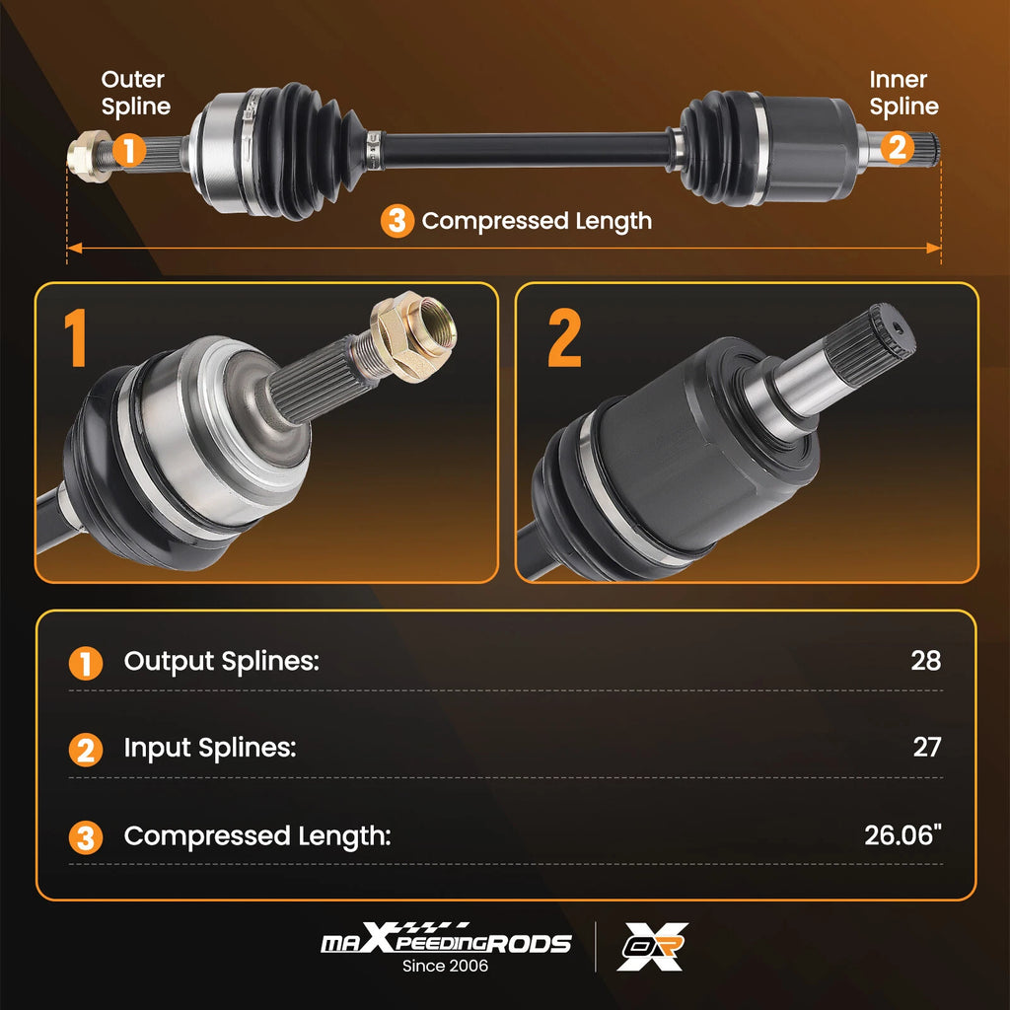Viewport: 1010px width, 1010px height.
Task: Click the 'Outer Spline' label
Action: pyautogui.click(x=135, y=93)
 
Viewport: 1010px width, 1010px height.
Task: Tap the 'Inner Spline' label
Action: pyautogui.click(x=903, y=93)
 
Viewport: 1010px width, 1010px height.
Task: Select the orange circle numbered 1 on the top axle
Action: pyautogui.click(x=129, y=150)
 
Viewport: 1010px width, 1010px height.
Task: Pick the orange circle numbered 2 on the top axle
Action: pyautogui.click(x=898, y=148)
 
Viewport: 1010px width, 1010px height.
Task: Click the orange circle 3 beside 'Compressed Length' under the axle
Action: pyautogui.click(x=397, y=221)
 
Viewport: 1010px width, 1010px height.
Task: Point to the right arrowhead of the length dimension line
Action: pyautogui.click(x=933, y=248)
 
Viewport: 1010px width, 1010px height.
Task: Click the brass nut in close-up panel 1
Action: pyautogui.click(x=413, y=335)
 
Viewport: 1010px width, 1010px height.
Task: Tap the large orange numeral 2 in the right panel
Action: pyautogui.click(x=564, y=337)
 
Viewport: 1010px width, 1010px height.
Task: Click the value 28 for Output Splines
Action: pyautogui.click(x=925, y=661)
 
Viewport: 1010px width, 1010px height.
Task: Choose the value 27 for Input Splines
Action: pyautogui.click(x=927, y=748)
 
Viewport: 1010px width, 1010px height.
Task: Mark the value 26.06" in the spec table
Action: pyautogui.click(x=902, y=834)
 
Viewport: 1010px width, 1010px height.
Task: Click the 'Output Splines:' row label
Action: pyautogui.click(x=222, y=662)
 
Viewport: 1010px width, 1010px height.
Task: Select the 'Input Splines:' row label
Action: pyautogui.click(x=210, y=748)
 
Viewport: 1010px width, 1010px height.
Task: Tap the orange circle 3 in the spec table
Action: pyautogui.click(x=86, y=837)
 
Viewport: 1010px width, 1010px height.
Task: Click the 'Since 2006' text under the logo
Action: pyautogui.click(x=445, y=966)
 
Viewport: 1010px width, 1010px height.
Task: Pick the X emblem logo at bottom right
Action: pyautogui.click(x=653, y=946)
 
